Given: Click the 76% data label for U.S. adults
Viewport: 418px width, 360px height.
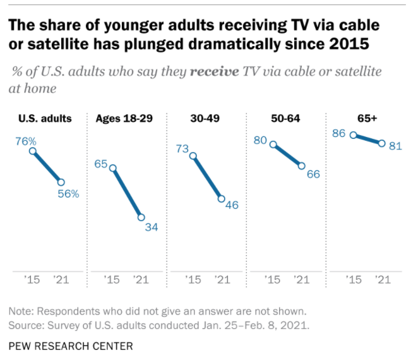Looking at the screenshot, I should (26, 141).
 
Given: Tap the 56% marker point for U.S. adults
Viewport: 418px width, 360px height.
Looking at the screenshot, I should (61, 182).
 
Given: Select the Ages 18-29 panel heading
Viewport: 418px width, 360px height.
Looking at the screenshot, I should (121, 118).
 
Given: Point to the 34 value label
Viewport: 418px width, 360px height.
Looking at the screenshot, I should (152, 227).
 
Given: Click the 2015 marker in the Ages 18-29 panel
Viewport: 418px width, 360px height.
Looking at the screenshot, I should (113, 168).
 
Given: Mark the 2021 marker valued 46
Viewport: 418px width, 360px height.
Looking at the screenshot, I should (222, 198).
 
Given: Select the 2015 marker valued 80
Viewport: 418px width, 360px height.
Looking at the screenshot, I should (273, 144).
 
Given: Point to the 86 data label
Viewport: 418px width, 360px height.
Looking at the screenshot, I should (339, 133).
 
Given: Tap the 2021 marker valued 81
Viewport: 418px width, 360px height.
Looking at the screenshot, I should (381, 143).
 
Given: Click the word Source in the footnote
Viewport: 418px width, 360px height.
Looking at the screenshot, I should (27, 325).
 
